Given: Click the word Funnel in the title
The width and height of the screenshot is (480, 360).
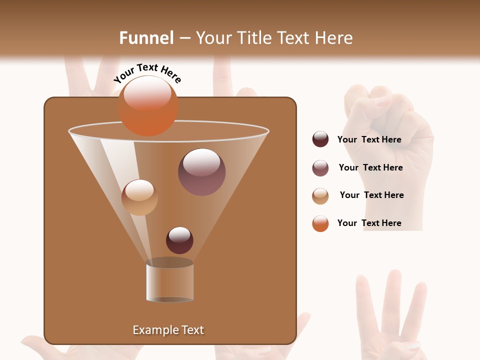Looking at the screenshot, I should pos(146,38).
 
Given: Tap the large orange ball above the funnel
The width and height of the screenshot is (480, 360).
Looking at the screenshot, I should pos(147,105).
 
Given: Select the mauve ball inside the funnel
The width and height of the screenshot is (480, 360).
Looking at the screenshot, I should pos(201,172).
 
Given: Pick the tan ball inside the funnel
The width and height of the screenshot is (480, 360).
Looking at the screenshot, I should pos(139,197).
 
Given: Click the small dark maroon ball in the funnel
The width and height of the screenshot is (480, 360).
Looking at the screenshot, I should pos(179,240).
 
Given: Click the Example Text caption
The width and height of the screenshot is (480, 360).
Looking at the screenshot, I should pos(168,330).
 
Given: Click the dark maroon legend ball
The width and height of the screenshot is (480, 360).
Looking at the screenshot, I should pos(320,139).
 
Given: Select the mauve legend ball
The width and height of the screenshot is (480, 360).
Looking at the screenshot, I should pos(320,168).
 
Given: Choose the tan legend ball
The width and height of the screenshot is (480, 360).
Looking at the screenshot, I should pos(320,196).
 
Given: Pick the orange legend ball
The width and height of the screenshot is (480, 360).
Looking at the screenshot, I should pos(320,223).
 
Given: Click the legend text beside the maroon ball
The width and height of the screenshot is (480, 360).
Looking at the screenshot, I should pos(369,140).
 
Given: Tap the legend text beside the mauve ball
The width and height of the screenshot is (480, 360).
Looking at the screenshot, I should pos(370,167).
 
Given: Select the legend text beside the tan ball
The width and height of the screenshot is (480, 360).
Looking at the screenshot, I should pos(371,195).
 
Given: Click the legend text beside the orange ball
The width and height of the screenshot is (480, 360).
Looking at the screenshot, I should pos(369,223).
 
